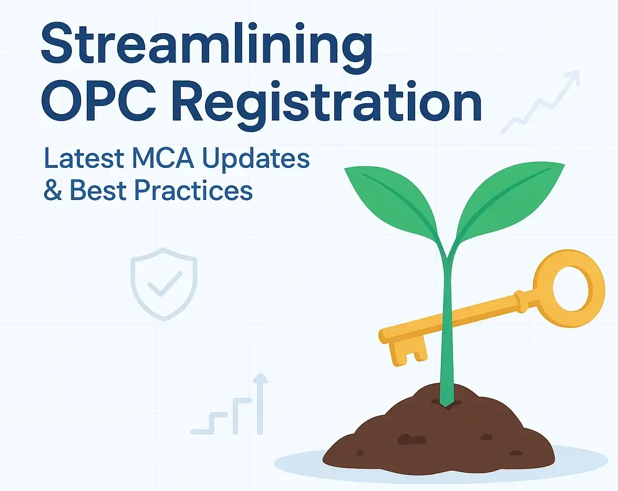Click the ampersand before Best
53,191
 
